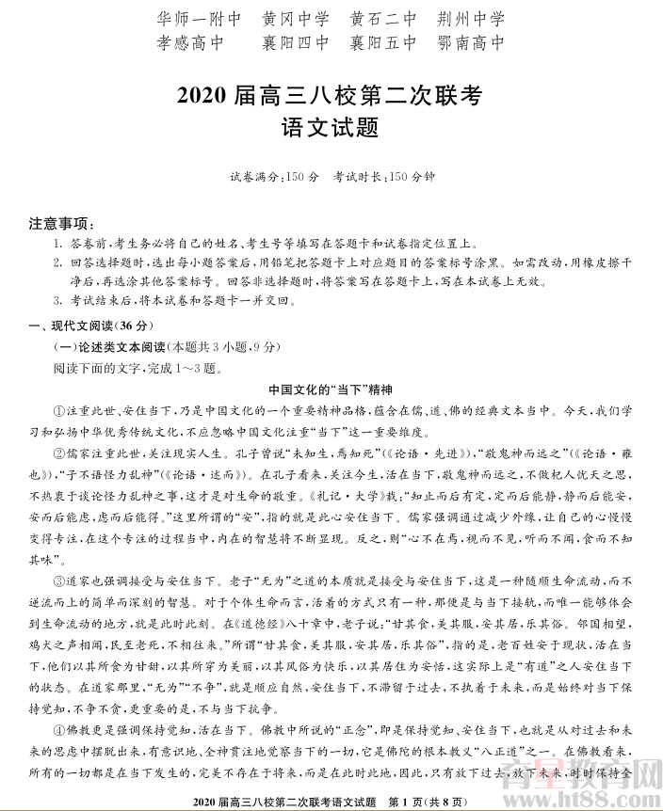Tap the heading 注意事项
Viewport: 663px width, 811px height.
(x=61, y=224)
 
